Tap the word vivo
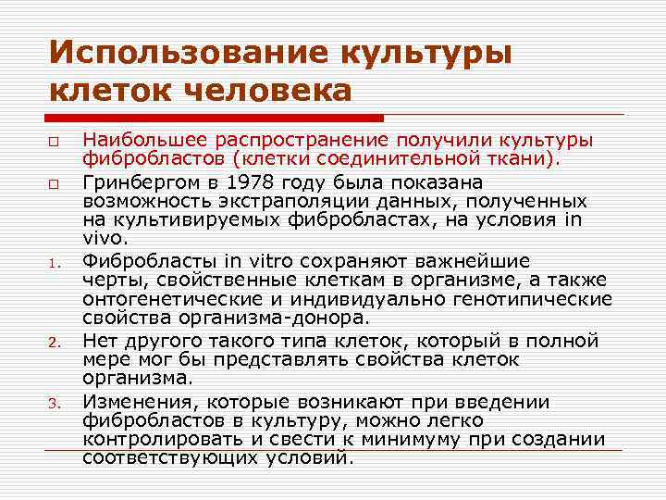(102, 239)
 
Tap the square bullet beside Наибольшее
(56, 143)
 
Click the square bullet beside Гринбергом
(56, 183)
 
